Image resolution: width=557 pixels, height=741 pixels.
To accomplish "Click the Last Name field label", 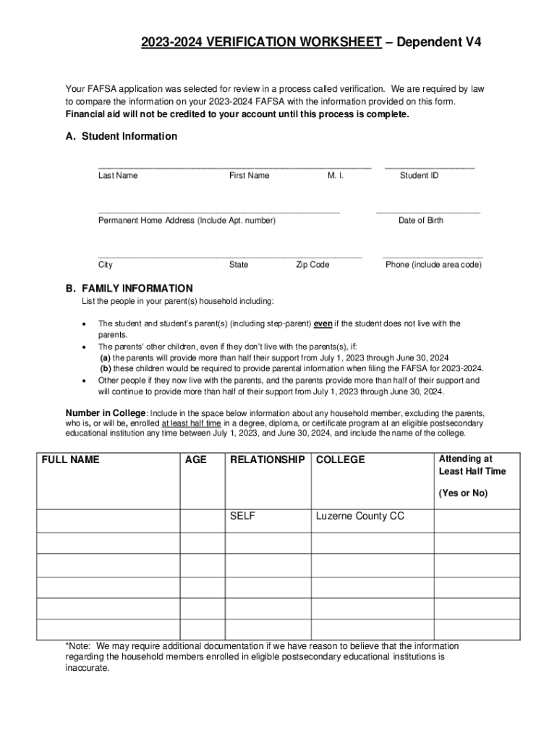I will [x=118, y=176].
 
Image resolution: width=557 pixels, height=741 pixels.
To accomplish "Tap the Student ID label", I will [x=419, y=176].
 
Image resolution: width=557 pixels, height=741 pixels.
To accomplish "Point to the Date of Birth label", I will [x=421, y=221].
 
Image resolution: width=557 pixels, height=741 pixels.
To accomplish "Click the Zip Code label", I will [x=312, y=265].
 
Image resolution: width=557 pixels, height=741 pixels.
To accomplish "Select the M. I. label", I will [x=336, y=176].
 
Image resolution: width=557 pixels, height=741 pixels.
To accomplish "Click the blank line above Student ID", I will [x=430, y=167].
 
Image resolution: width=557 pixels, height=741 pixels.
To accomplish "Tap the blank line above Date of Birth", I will [x=428, y=212].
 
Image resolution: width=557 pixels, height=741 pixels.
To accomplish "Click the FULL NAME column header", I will [x=71, y=460].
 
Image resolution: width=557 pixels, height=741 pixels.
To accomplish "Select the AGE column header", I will [x=196, y=460].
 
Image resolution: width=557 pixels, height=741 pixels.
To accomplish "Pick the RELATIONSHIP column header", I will [x=267, y=460].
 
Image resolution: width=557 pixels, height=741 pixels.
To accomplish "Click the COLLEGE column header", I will [x=341, y=460].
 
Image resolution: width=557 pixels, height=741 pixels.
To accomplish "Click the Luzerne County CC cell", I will [x=360, y=517].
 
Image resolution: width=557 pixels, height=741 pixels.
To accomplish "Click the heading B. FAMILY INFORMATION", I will [x=129, y=288].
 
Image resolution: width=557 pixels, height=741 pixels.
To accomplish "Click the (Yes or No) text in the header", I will [x=463, y=494].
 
